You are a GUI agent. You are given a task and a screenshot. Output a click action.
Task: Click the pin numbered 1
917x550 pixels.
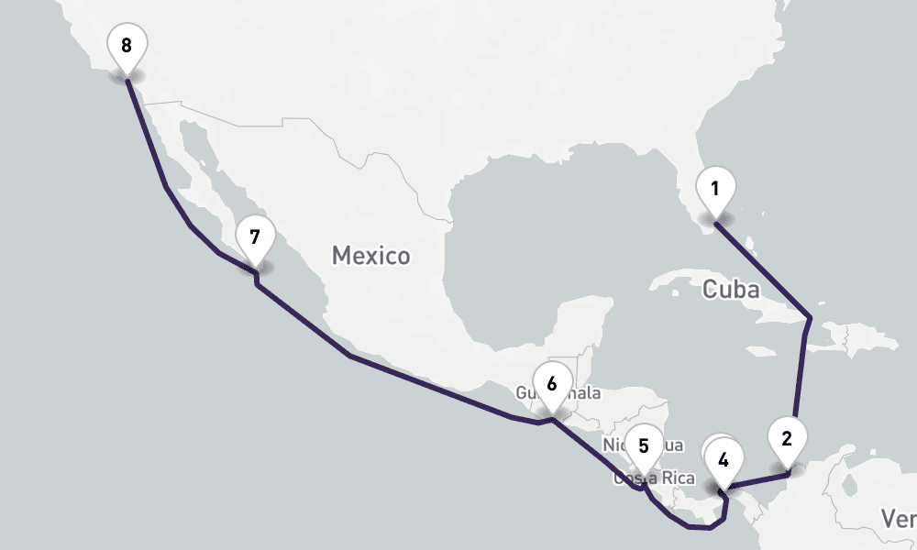[715, 190]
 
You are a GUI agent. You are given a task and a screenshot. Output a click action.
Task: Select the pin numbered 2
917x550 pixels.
[786, 438]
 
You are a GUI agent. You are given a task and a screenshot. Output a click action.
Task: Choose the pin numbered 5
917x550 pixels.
[644, 446]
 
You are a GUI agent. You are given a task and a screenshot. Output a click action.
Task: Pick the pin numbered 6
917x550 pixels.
[551, 383]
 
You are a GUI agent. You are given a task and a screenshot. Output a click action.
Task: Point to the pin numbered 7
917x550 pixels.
[255, 236]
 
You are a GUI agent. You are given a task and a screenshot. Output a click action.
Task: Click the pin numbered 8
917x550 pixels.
[127, 44]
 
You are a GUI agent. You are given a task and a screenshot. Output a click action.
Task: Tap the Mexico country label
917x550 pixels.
[370, 255]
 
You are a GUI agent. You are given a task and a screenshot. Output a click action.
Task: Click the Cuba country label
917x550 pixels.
[731, 290]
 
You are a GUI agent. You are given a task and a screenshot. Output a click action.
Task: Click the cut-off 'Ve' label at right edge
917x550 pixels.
[901, 519]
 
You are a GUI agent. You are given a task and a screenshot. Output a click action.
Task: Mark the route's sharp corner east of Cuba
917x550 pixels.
[810, 318]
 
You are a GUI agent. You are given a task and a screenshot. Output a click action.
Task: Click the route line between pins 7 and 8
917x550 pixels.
[165, 187]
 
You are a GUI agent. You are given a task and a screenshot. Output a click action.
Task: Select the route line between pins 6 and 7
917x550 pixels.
[348, 355]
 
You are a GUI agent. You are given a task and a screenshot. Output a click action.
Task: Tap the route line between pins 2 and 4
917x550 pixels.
[757, 480]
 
